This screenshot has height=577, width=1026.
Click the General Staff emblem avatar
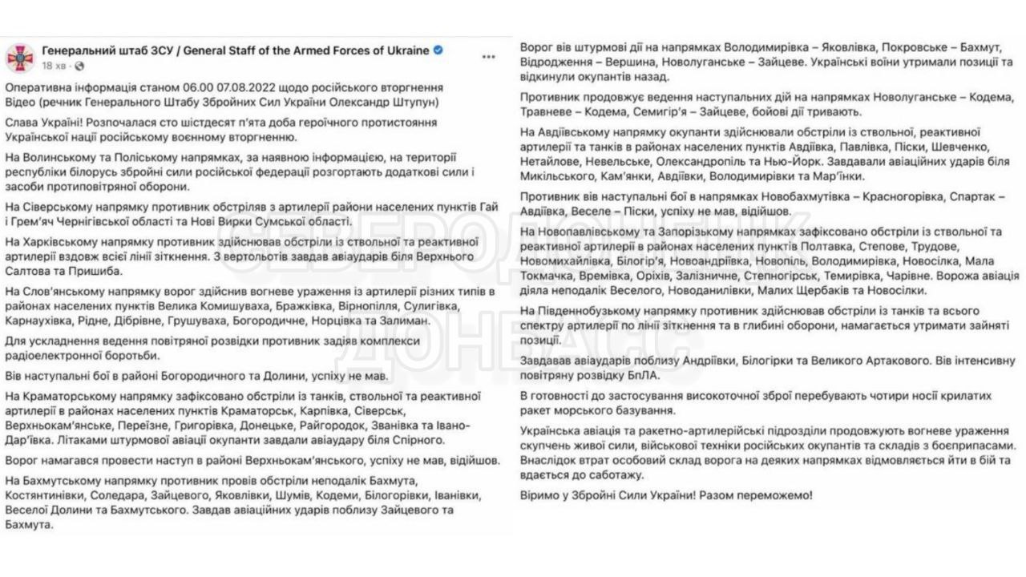point(19,57)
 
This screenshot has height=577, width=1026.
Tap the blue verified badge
point(438,50)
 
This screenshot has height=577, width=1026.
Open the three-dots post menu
point(488,57)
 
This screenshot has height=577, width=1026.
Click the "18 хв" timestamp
point(54,65)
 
